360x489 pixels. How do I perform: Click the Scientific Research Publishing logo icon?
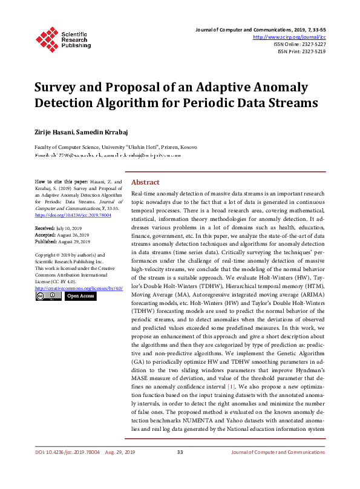point(47,38)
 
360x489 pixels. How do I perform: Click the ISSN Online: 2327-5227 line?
point(299,44)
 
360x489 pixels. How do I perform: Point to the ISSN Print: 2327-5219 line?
point(301,51)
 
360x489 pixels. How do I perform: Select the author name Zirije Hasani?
point(54,131)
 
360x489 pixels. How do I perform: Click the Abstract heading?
point(145,182)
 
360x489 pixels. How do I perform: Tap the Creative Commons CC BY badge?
point(48,297)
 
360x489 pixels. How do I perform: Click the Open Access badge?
point(80,297)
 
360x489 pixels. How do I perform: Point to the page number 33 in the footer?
point(180,469)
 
